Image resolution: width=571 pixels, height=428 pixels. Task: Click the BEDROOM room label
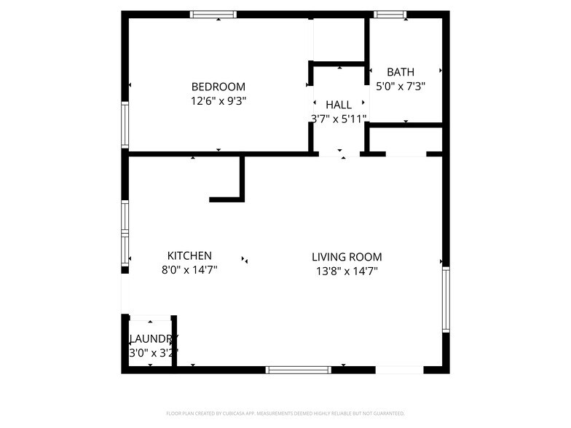coord(218,87)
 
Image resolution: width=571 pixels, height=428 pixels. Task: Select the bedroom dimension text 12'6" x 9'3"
coord(218,101)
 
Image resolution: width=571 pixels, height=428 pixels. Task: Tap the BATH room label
coord(400,72)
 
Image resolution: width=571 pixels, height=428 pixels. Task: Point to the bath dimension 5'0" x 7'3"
coord(400,86)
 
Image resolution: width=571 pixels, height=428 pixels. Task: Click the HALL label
coord(339,105)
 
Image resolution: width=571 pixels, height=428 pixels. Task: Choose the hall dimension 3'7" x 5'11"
coord(339,119)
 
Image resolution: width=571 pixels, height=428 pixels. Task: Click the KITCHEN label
coord(189,255)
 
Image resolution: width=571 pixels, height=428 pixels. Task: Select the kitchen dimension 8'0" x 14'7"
coord(189,270)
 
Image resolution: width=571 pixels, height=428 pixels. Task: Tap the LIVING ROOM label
coord(347,257)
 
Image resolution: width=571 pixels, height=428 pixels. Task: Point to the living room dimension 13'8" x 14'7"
coord(347,271)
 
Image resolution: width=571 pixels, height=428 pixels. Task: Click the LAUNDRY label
coord(152,339)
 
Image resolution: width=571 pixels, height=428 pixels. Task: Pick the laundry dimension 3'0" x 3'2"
coord(152,353)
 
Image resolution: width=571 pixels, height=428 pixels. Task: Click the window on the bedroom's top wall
coord(213,14)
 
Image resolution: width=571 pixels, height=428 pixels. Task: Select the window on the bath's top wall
coord(390,14)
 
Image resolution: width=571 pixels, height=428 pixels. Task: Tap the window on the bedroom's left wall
coord(125,125)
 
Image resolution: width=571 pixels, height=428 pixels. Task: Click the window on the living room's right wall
coord(446,299)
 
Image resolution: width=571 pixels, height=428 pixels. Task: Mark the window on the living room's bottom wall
coord(299,370)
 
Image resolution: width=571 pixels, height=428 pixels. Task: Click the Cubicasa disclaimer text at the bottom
coord(285,413)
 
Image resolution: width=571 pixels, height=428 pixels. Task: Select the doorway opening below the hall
coord(339,154)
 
